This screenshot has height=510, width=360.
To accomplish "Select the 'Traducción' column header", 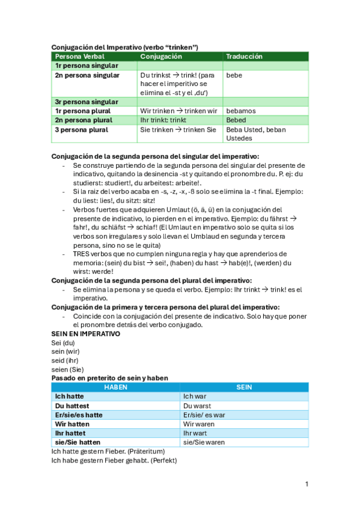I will pos(244,57).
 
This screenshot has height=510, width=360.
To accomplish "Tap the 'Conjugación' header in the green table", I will pos(160,57).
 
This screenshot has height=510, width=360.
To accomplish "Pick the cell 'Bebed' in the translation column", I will pos(236,120).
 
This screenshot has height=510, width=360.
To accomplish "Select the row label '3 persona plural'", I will pos(82,129).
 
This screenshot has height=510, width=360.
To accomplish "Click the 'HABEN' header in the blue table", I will pos(115,387).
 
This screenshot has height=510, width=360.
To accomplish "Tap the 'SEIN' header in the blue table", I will pos(244,387).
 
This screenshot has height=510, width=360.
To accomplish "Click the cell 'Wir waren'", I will pos(199,424).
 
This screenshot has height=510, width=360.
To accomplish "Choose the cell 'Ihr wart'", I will pos(195,433).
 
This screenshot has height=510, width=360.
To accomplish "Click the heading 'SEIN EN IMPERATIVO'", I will pos(86,334).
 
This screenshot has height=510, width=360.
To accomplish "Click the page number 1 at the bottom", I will pos(307,484).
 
